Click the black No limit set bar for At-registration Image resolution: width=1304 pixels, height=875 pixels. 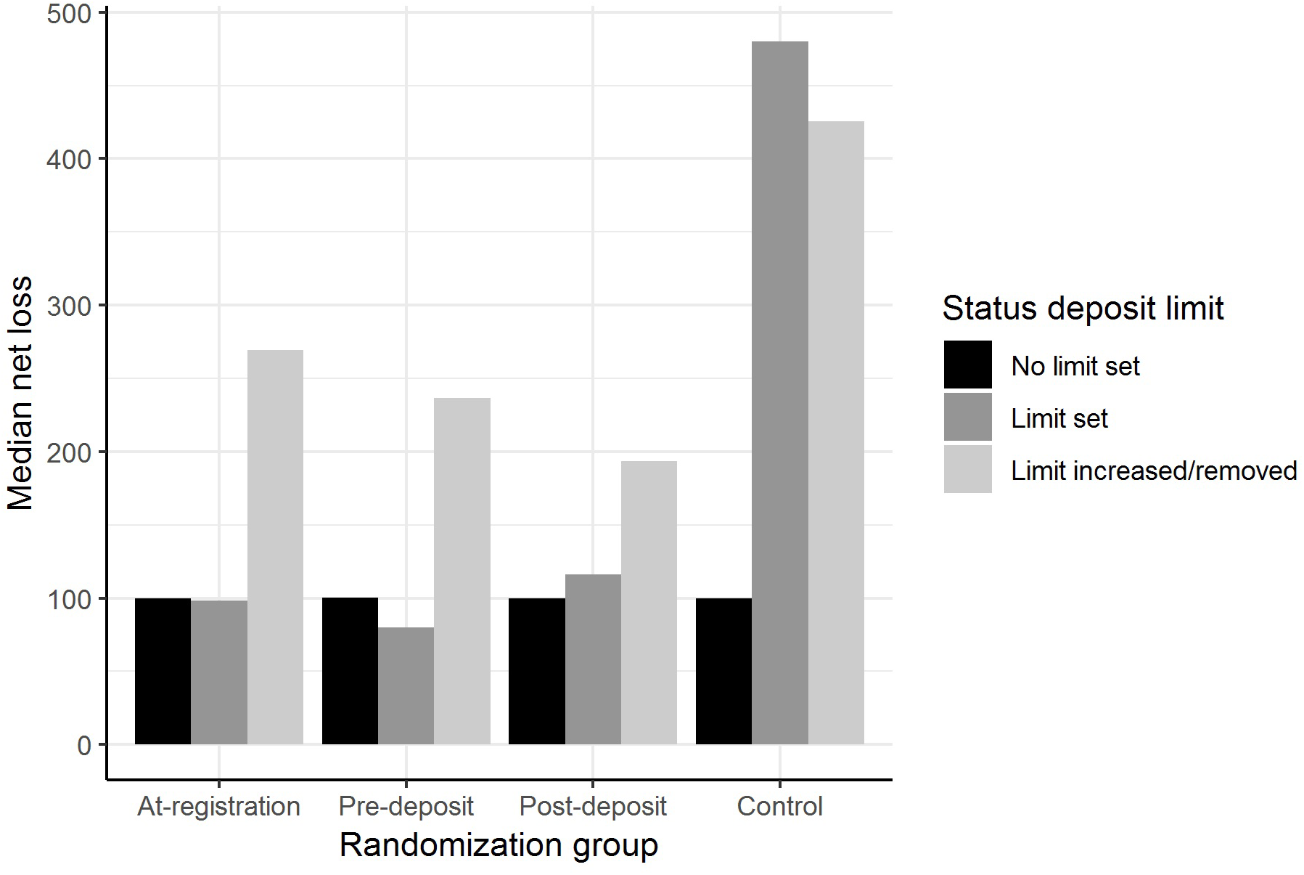click(x=163, y=671)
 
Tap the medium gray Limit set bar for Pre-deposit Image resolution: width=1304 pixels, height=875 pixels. click(x=406, y=685)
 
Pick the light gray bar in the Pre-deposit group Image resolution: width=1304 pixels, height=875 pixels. click(x=462, y=571)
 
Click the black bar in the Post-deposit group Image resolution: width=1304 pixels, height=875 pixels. click(x=536, y=671)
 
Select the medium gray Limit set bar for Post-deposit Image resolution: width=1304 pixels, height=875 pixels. click(x=593, y=659)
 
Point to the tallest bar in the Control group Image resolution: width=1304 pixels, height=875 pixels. click(x=779, y=393)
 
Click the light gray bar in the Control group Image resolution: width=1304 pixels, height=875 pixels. click(x=836, y=433)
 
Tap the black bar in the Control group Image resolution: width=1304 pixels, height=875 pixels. click(x=723, y=671)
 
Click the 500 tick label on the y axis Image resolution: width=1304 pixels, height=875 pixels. click(x=69, y=14)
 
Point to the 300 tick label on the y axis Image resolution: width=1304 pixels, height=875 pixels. click(x=69, y=306)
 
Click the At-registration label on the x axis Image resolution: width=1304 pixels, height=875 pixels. click(x=218, y=807)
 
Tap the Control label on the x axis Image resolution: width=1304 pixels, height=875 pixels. click(x=779, y=807)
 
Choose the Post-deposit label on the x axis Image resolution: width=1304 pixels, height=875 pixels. click(x=593, y=807)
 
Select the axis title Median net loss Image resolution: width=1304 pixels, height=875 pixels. click(x=20, y=393)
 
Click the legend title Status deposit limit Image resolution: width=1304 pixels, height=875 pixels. click(x=1082, y=308)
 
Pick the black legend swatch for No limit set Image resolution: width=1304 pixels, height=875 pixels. click(x=967, y=365)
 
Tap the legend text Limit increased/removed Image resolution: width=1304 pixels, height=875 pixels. click(x=1153, y=471)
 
